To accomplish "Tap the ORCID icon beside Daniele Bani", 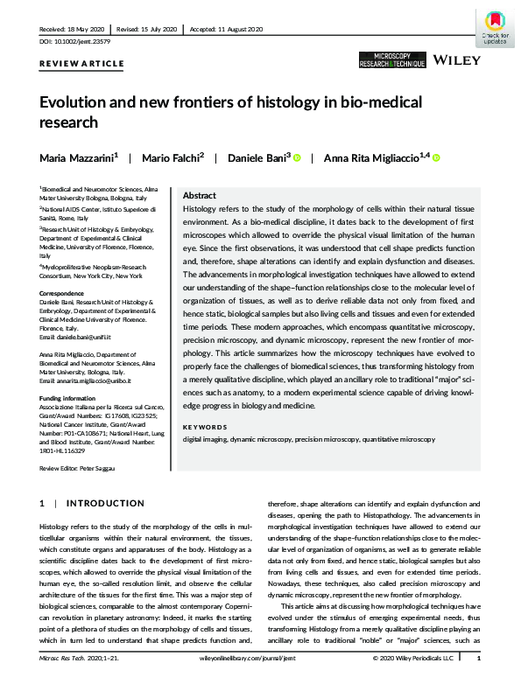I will click(297, 158).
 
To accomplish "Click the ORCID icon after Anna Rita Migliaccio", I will click(436, 158).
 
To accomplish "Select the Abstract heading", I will click(199, 197).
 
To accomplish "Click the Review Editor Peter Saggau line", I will click(82, 470).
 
